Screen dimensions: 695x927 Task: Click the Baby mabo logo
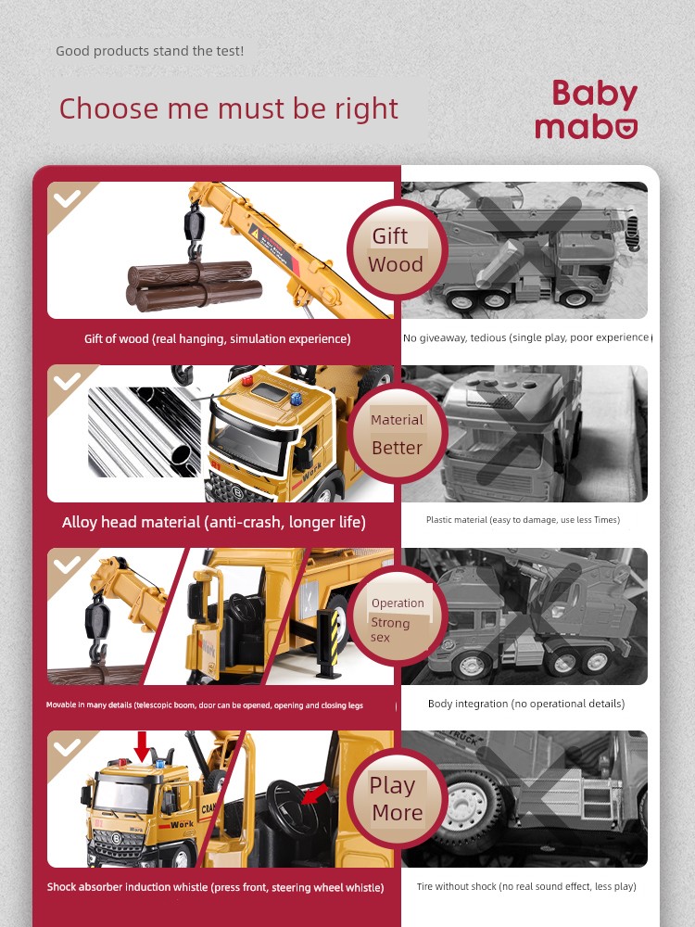point(587,110)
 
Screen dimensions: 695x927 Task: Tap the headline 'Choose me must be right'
point(229,108)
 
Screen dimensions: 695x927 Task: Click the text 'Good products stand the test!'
point(149,51)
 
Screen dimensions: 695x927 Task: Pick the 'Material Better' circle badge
point(397,433)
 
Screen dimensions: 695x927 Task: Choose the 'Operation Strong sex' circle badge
point(397,616)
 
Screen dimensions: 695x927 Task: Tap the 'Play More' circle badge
point(397,799)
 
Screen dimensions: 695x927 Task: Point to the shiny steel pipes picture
point(145,432)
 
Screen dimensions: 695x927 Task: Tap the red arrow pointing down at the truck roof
point(142,746)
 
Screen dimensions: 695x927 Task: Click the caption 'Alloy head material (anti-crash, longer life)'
point(214,522)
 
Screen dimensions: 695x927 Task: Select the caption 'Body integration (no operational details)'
point(526,704)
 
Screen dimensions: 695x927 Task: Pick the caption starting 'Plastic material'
point(523,520)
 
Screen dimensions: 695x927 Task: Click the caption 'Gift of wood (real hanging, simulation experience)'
point(218,338)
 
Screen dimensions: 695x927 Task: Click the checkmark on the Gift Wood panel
point(67,198)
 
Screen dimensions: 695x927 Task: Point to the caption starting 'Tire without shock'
point(526,886)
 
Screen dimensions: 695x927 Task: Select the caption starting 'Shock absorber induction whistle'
point(216,887)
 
